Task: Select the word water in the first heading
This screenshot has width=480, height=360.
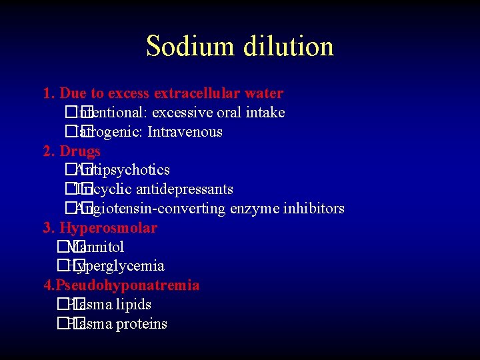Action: tap(265, 93)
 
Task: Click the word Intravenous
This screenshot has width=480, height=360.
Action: tap(185, 132)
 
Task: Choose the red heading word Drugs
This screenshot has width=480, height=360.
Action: tap(80, 151)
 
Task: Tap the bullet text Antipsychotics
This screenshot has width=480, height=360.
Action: tap(123, 170)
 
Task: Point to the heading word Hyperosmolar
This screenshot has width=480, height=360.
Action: tap(109, 228)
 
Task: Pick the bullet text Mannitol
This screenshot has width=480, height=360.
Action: tap(96, 247)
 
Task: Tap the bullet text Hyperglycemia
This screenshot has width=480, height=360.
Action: tap(116, 267)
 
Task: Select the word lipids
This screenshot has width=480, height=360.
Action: tap(133, 305)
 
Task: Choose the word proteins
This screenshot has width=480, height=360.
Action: tap(141, 324)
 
